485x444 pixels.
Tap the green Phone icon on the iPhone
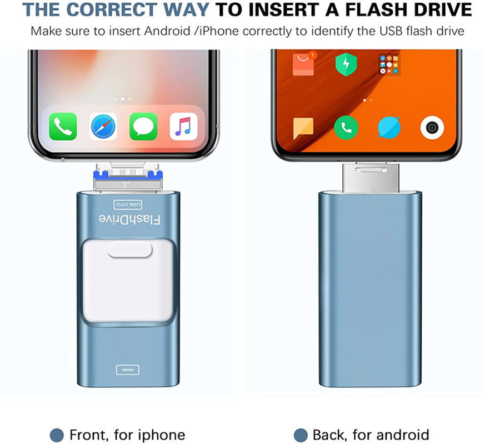[x=63, y=127]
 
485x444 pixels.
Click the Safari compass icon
[x=103, y=127]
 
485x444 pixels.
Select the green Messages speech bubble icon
[x=143, y=127]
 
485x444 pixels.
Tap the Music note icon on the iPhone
[x=183, y=127]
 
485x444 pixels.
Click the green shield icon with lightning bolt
[x=346, y=64]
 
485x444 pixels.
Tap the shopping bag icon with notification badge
[x=304, y=64]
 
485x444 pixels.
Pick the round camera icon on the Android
[x=432, y=127]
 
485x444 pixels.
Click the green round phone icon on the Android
[x=346, y=127]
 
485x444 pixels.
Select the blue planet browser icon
[x=389, y=127]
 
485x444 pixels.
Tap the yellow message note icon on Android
[x=303, y=128]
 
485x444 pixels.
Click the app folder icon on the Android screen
[x=389, y=64]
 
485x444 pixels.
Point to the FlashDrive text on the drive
[x=129, y=219]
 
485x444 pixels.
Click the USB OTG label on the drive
[x=128, y=205]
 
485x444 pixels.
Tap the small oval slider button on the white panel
[x=129, y=250]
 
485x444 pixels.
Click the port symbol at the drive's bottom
[x=127, y=370]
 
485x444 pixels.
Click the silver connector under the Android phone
[x=371, y=178]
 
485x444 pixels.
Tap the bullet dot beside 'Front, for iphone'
[x=57, y=435]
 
